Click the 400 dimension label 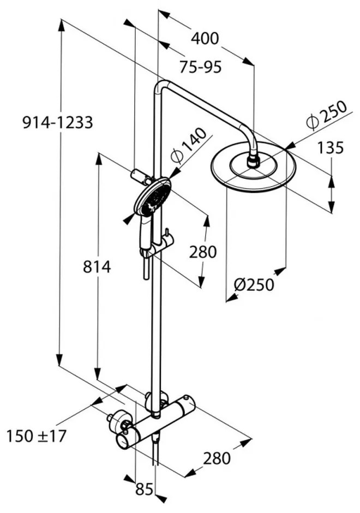click(205, 38)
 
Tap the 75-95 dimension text click(201, 67)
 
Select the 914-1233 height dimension click(58, 122)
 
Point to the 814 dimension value click(97, 267)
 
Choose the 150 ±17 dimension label click(36, 436)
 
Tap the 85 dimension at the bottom click(144, 490)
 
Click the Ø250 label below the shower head click(253, 284)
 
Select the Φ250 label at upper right click(326, 116)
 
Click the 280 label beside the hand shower click(203, 252)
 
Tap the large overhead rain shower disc click(253, 168)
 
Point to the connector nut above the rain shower click(253, 161)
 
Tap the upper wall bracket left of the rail click(139, 175)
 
